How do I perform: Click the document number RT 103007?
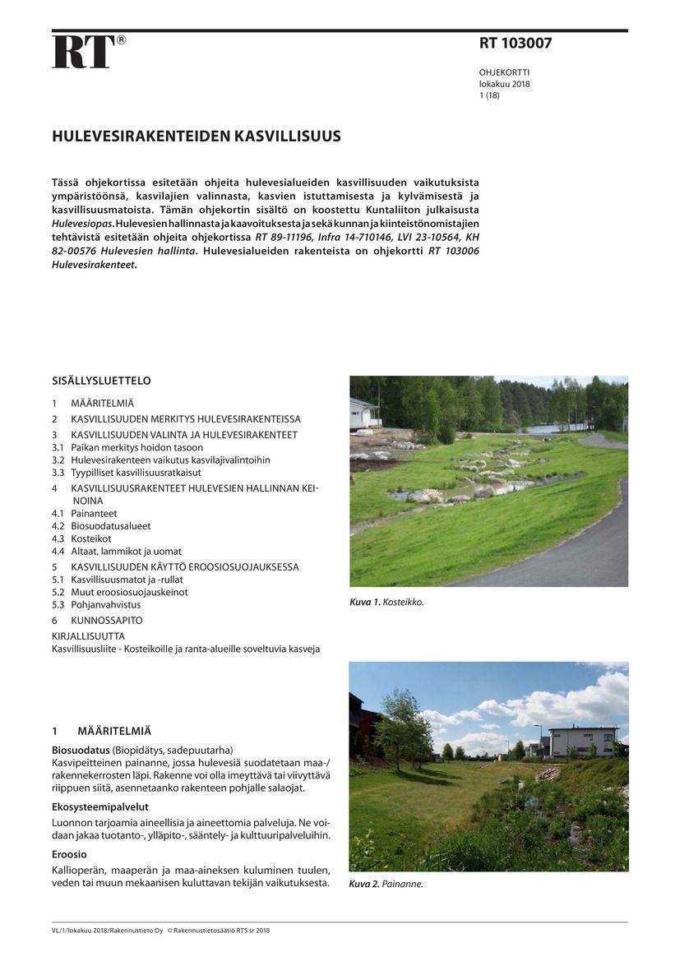pyautogui.click(x=516, y=44)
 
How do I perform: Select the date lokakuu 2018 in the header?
pyautogui.click(x=505, y=84)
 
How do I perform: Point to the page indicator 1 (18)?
pyautogui.click(x=489, y=95)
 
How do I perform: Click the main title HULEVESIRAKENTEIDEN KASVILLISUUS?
pyautogui.click(x=197, y=136)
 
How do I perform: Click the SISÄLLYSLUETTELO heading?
pyautogui.click(x=101, y=381)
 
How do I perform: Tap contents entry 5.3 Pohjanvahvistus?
pyautogui.click(x=96, y=604)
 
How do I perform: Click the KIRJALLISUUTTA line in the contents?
pyautogui.click(x=88, y=635)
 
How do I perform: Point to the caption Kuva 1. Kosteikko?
pyautogui.click(x=386, y=603)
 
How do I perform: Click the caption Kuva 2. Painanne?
pyautogui.click(x=386, y=885)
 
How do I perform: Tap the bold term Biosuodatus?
pyautogui.click(x=81, y=750)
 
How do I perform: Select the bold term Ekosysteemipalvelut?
pyautogui.click(x=99, y=806)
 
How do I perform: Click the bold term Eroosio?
pyautogui.click(x=69, y=854)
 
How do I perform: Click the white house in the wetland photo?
pyautogui.click(x=364, y=414)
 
